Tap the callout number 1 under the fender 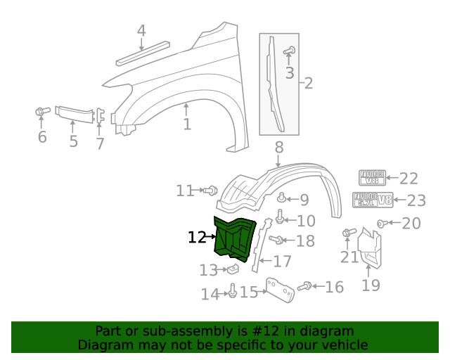pyautogui.click(x=187, y=125)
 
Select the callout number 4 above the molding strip pyautogui.click(x=141, y=31)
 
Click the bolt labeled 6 pyautogui.click(x=41, y=111)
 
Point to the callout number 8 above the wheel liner pyautogui.click(x=278, y=148)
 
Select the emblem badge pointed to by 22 pyautogui.click(x=373, y=179)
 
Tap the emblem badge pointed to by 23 pyautogui.click(x=373, y=200)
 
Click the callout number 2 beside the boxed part pyautogui.click(x=308, y=84)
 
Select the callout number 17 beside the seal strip pyautogui.click(x=282, y=262)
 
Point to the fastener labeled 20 pyautogui.click(x=381, y=224)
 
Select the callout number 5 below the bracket pyautogui.click(x=74, y=142)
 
